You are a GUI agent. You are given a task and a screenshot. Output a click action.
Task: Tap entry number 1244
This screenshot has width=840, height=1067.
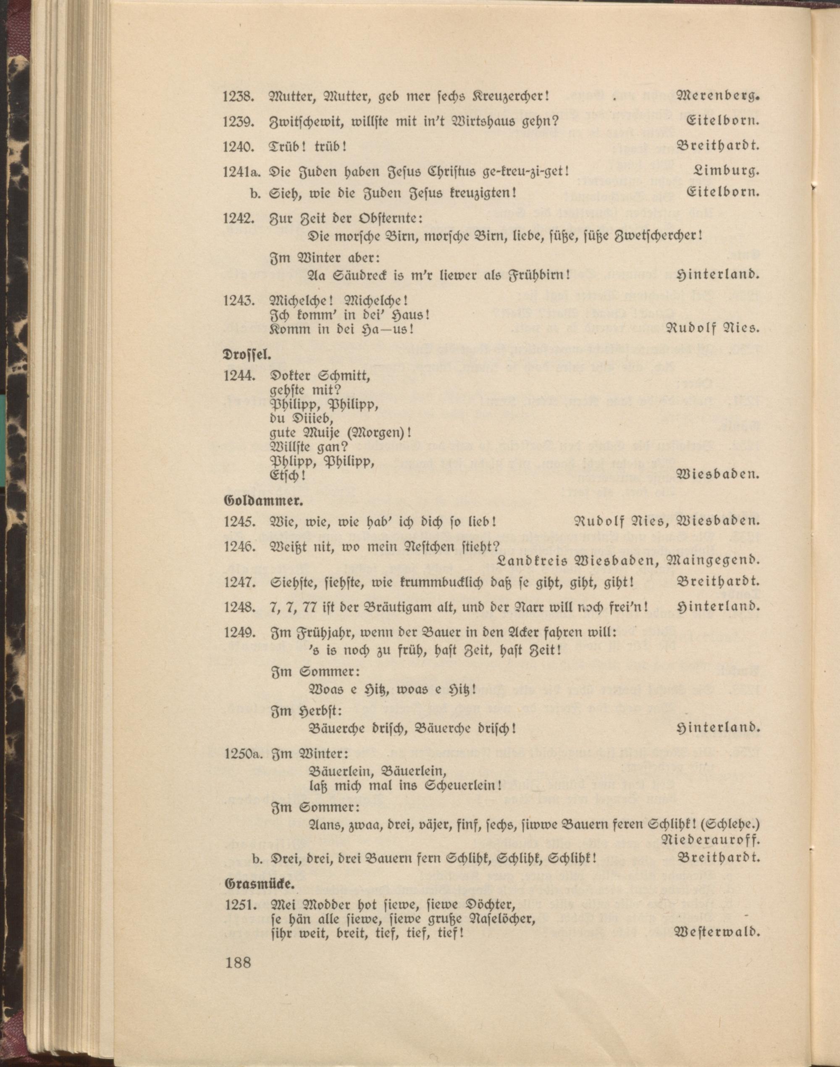pos(238,376)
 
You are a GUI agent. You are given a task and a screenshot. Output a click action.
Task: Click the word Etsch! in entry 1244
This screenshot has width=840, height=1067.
pos(288,476)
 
